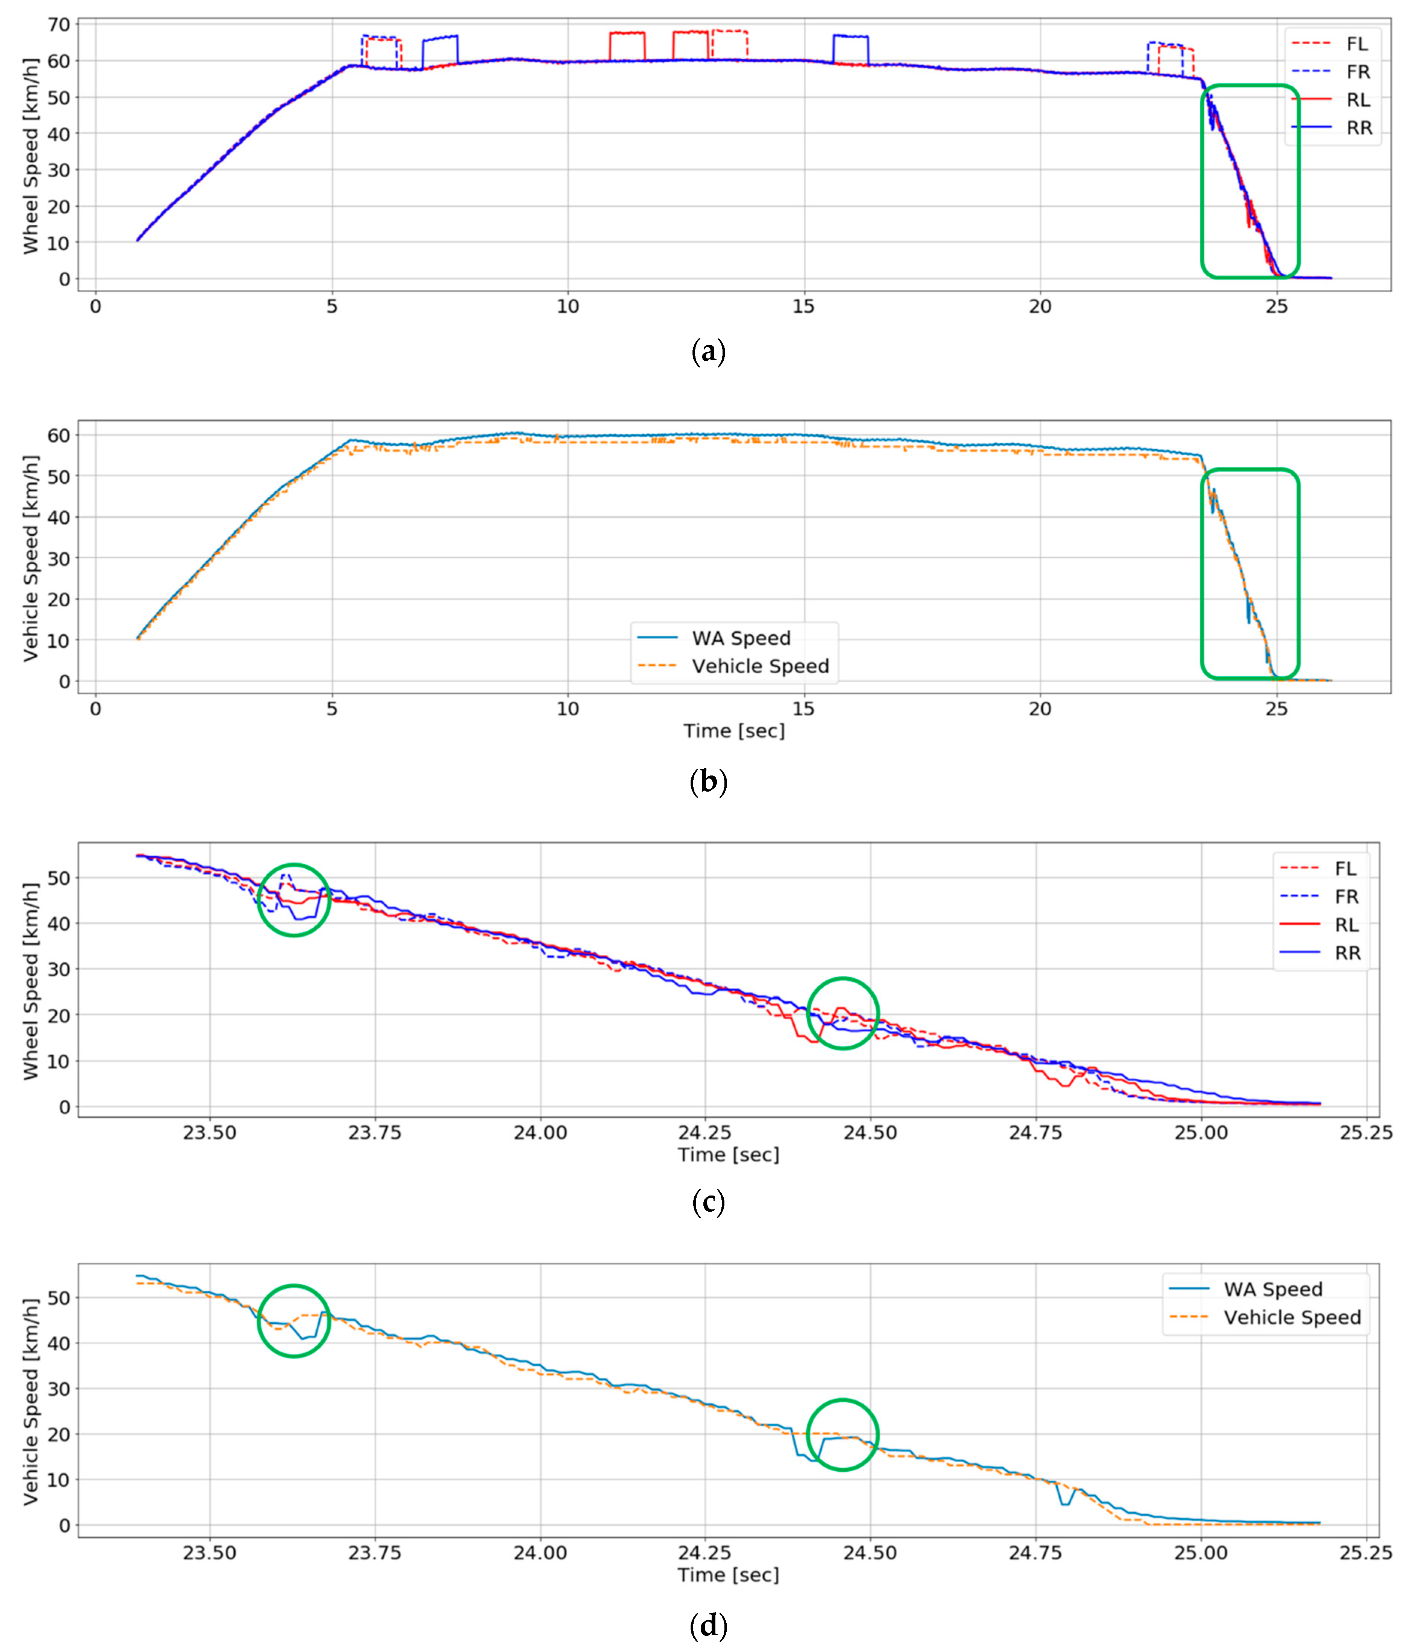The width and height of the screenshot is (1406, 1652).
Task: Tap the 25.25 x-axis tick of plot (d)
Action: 1366,1553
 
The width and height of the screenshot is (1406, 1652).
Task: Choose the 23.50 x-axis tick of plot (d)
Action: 210,1553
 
